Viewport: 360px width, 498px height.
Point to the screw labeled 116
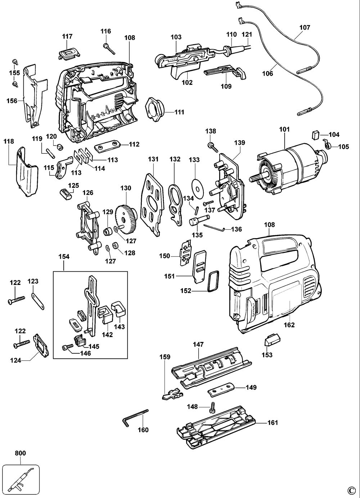click(x=108, y=49)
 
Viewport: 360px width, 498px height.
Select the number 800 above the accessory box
click(x=21, y=453)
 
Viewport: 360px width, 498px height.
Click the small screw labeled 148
click(x=212, y=407)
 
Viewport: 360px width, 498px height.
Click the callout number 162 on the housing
click(x=289, y=325)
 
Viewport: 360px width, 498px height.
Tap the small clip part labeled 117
click(x=68, y=52)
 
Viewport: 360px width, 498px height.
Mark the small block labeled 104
click(x=315, y=135)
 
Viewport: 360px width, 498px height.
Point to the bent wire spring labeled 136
click(x=215, y=227)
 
